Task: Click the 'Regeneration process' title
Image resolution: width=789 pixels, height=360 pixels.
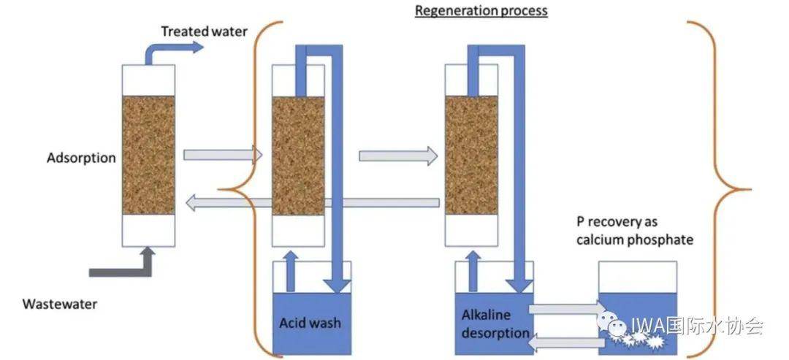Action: coord(481,11)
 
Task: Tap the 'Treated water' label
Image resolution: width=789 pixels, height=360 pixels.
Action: coord(204,31)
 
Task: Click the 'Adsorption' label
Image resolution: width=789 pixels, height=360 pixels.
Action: coord(81,158)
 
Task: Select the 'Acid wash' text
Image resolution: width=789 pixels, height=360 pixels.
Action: coord(310,322)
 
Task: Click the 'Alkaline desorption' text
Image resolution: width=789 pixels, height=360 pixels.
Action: coord(495,323)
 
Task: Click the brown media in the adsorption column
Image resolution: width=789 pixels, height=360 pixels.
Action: coord(148,156)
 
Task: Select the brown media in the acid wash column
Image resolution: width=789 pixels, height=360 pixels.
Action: coord(298,156)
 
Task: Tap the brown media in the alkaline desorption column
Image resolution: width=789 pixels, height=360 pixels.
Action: coord(472,156)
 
